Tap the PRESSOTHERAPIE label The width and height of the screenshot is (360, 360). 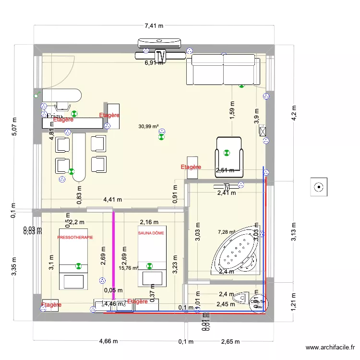75,238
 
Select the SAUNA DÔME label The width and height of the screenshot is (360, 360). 151,233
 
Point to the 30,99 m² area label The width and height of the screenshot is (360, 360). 148,127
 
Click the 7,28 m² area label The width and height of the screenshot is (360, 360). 227,232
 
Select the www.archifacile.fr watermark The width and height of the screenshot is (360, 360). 331,348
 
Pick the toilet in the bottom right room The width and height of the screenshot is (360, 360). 242,299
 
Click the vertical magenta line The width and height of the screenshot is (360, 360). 114,259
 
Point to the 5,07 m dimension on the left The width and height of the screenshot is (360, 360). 14,127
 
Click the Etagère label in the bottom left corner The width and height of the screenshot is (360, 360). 51,305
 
